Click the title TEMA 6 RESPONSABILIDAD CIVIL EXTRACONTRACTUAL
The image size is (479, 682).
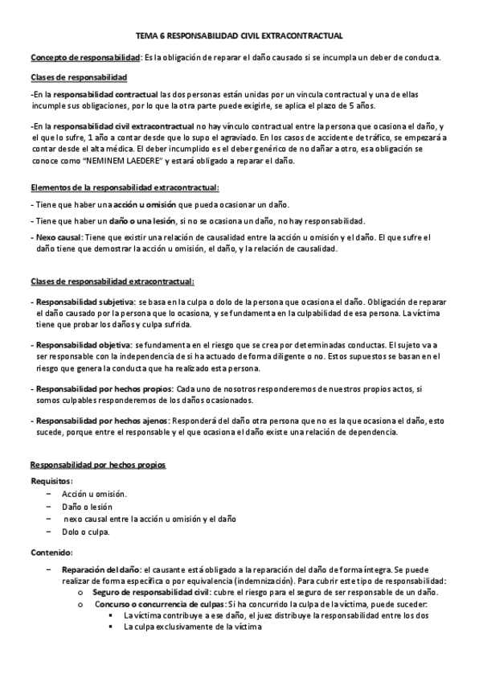pos(239,36)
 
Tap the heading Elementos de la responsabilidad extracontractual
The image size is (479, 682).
pos(124,187)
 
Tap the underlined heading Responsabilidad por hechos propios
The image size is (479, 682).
pos(97,465)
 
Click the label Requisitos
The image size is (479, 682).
pos(51,481)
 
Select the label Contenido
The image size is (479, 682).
pos(51,553)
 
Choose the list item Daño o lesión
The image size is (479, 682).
pos(87,507)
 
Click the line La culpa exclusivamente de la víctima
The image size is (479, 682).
pos(193,627)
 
